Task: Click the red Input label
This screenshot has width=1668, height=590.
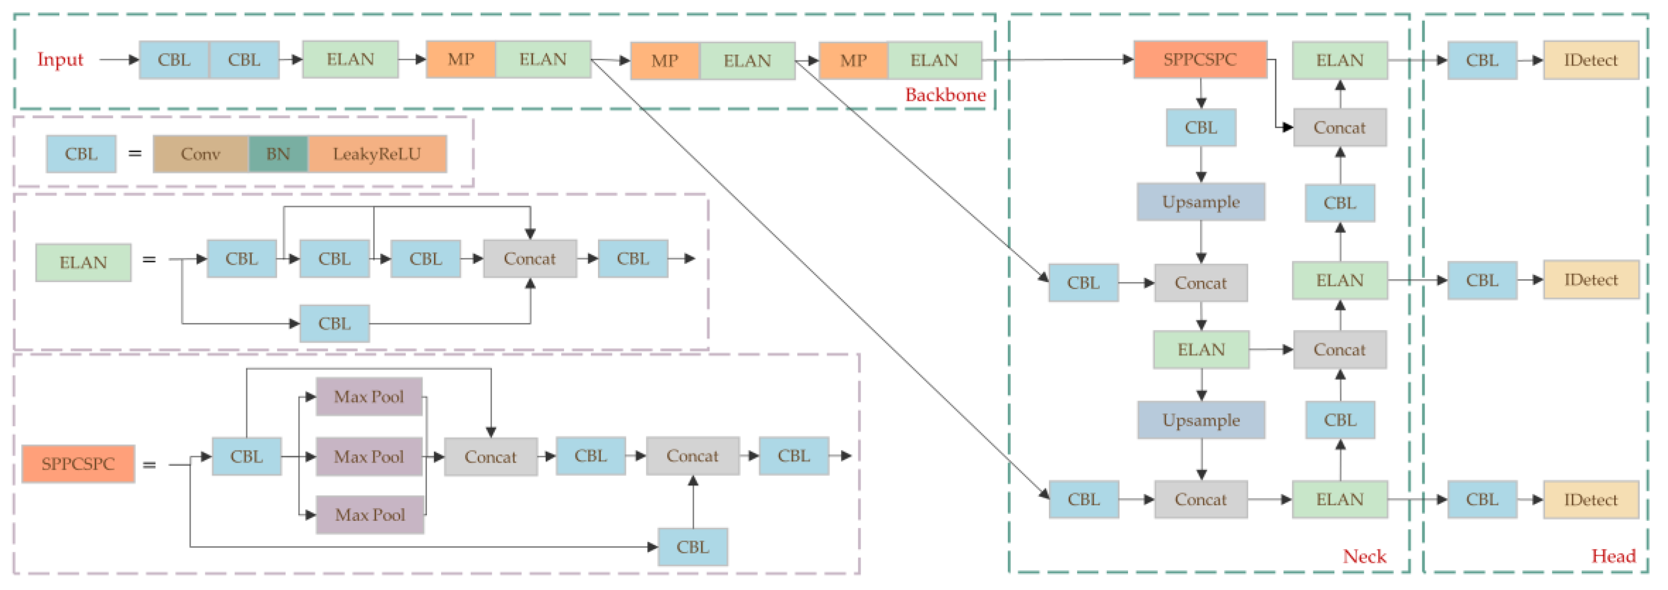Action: coord(60,60)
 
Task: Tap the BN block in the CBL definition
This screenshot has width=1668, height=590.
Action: coord(278,154)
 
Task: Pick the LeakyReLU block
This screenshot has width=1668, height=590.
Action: coord(377,154)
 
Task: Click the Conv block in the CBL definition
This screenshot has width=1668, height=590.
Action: coord(201,154)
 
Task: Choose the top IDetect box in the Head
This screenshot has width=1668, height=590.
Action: coord(1590,60)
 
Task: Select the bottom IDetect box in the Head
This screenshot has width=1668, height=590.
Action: coord(1590,499)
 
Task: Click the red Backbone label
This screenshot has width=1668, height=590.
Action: coord(945,95)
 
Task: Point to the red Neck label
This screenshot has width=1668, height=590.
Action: coord(1364,556)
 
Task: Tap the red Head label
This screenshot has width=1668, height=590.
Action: coord(1613,556)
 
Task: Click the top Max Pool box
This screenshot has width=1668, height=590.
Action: coord(369,397)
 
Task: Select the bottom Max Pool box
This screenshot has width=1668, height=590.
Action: coord(370,515)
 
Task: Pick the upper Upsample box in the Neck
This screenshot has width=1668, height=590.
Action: coord(1201,202)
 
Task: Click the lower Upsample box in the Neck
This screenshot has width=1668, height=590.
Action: coord(1201,420)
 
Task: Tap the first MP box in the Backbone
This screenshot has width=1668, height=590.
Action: coord(461,60)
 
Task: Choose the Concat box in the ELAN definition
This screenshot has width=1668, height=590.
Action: coord(530,259)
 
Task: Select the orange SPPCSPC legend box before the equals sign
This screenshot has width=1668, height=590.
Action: coord(78,464)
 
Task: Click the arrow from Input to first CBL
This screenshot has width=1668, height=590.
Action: coord(119,60)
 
